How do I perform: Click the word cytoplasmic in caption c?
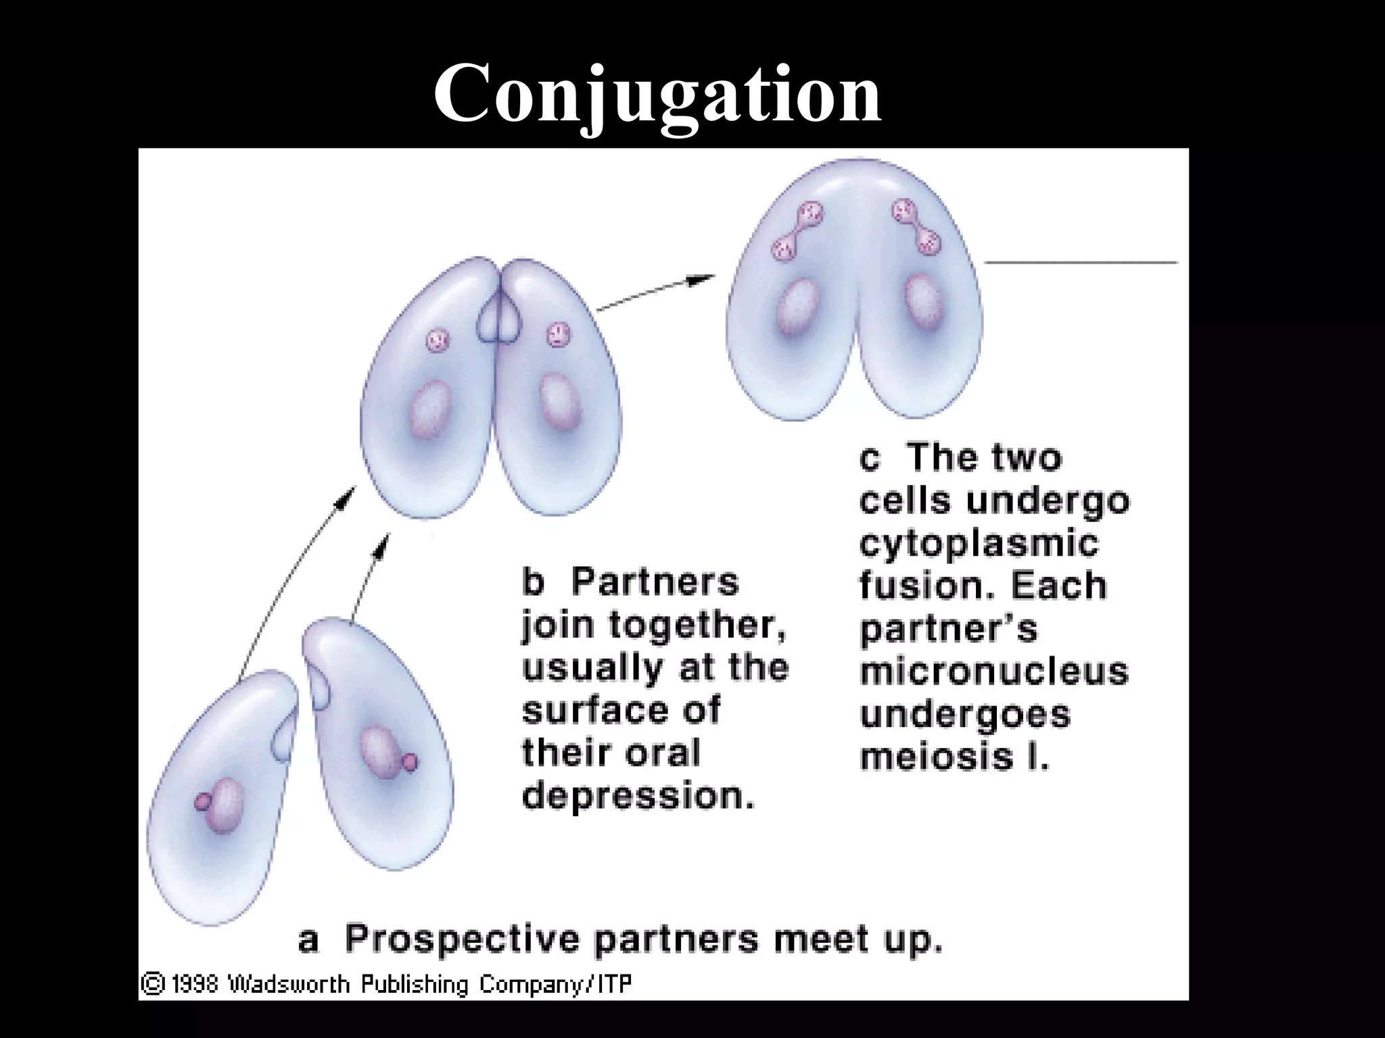click(x=979, y=544)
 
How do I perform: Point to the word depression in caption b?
click(x=638, y=795)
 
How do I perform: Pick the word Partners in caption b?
click(x=655, y=582)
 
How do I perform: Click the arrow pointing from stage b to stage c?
click(x=656, y=292)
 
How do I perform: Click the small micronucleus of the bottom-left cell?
click(x=202, y=802)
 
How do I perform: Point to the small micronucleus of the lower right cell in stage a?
click(x=410, y=763)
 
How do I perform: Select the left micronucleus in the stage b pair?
click(x=437, y=338)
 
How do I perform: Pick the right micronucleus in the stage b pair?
click(x=559, y=333)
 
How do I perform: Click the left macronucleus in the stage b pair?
click(x=430, y=410)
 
